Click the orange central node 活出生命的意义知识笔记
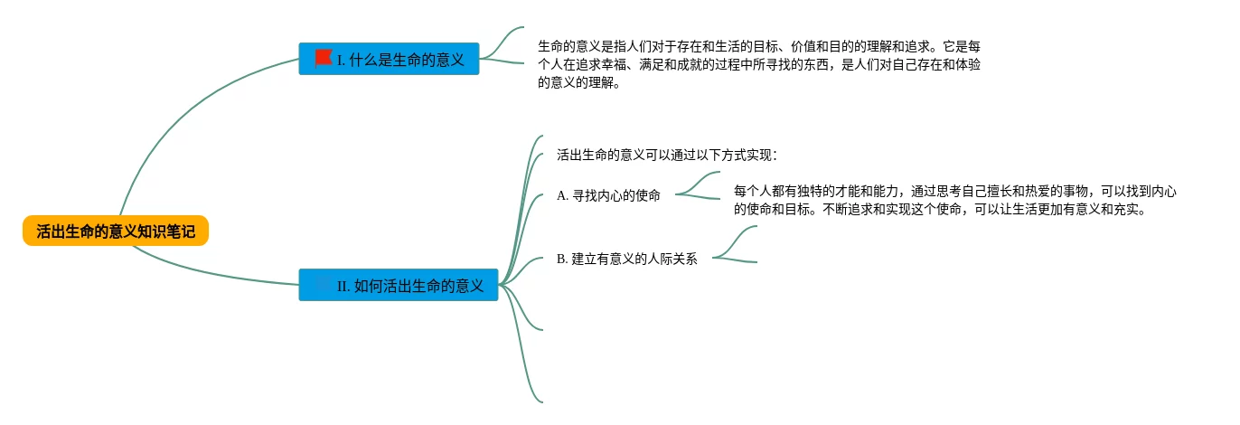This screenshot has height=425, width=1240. point(116,231)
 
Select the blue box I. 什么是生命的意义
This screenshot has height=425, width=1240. point(389,59)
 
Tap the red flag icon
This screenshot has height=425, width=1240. point(324,58)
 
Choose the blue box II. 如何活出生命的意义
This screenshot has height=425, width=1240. point(399,285)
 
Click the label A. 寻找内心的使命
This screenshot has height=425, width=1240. point(608,195)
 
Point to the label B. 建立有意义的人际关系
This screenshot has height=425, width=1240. point(626,259)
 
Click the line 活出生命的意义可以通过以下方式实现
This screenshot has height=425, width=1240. point(666,156)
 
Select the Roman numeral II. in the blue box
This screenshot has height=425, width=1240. point(343,286)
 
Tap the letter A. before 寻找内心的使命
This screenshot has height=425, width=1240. point(562,195)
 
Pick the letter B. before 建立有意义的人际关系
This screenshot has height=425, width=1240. point(562,259)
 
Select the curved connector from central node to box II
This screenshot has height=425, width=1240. point(211,270)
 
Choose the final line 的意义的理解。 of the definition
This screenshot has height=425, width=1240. point(579,82)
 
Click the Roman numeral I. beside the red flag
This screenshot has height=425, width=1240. point(341,60)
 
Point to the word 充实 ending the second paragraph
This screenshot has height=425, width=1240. point(1125,210)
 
